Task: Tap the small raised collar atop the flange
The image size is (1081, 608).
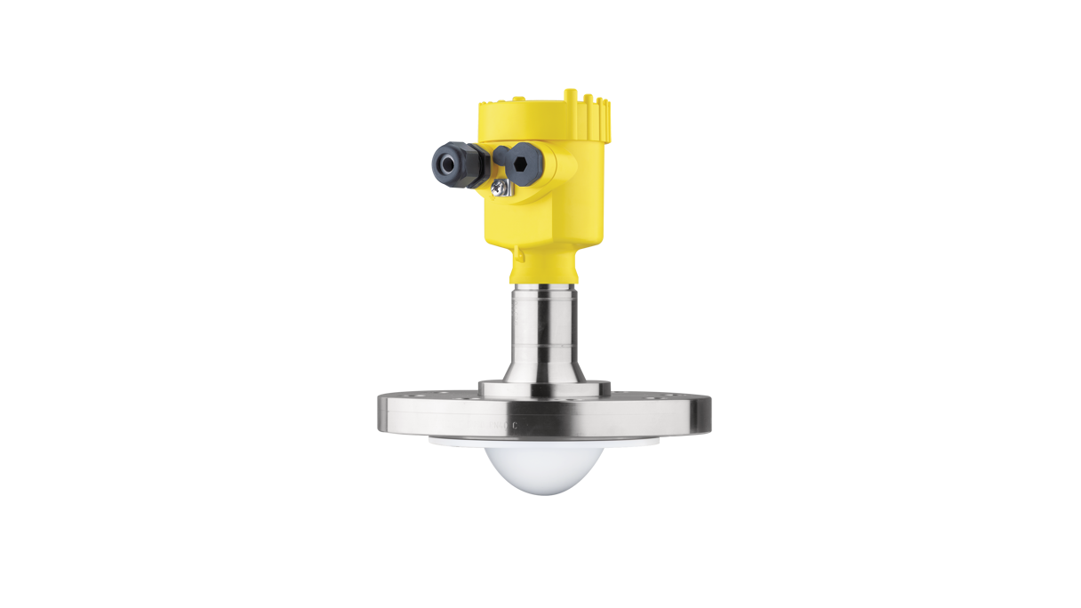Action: [x=543, y=388]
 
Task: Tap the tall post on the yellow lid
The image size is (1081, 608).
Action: [x=565, y=92]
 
